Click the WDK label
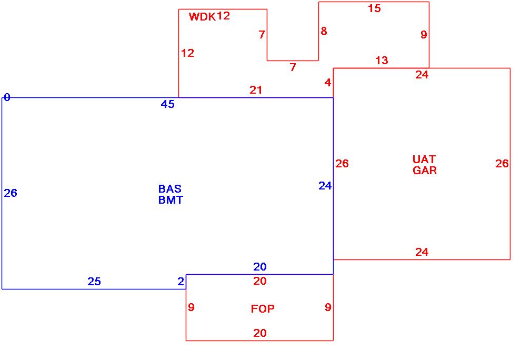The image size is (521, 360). (202, 17)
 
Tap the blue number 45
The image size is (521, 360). (167, 104)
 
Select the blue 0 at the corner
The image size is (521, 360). (7, 97)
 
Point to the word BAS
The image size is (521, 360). (169, 189)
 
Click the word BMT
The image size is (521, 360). (171, 200)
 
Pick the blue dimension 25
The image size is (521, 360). (94, 282)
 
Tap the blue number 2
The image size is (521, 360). (181, 282)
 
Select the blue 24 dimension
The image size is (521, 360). (325, 185)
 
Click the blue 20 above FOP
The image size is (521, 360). (260, 267)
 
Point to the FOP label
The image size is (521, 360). (263, 309)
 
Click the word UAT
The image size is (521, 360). (424, 159)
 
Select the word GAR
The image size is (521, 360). (425, 171)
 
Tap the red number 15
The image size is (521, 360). (374, 8)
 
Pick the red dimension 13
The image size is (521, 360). (382, 61)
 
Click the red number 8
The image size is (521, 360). (324, 31)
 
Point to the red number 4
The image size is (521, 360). (328, 83)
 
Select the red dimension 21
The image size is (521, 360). (256, 90)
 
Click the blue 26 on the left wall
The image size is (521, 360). (11, 193)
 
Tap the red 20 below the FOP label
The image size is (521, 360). (260, 333)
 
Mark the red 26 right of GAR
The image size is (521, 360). (502, 164)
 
